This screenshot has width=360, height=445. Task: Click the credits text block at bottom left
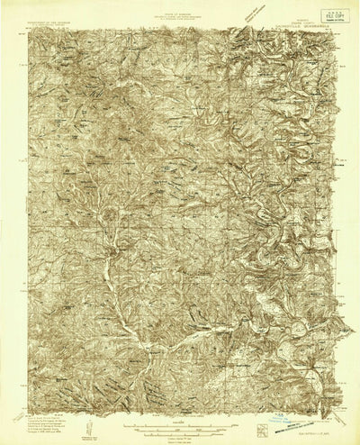pos(40,422)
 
